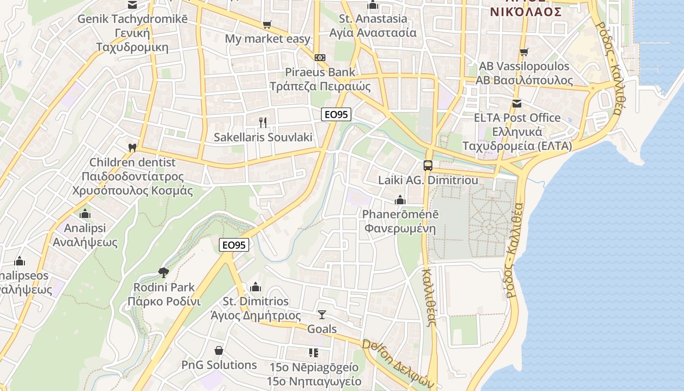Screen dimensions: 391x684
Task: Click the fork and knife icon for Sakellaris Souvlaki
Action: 263,122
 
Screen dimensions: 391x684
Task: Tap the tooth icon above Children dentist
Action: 131,147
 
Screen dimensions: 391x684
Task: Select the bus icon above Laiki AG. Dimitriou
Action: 428,165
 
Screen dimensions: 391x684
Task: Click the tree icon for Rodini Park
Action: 164,272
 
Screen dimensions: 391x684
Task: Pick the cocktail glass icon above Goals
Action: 321,314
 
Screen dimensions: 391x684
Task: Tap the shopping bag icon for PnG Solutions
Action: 219,350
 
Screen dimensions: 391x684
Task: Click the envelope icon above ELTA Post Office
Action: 517,103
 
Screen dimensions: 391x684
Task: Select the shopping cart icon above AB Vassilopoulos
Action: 524,52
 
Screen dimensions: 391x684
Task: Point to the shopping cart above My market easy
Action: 267,24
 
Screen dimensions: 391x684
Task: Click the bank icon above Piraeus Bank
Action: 320,58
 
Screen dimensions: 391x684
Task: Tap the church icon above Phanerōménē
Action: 400,200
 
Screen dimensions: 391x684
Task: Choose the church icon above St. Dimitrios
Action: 256,287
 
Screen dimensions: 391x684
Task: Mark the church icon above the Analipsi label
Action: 85,214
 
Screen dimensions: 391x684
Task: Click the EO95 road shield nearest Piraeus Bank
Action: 337,114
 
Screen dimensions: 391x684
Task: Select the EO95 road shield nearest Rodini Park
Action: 235,245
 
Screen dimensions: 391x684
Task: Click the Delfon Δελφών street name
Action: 398,362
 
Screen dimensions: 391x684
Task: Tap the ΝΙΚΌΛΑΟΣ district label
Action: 526,12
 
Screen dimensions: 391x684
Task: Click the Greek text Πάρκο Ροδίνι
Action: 164,301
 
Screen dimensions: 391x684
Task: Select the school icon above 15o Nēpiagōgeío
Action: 314,352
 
